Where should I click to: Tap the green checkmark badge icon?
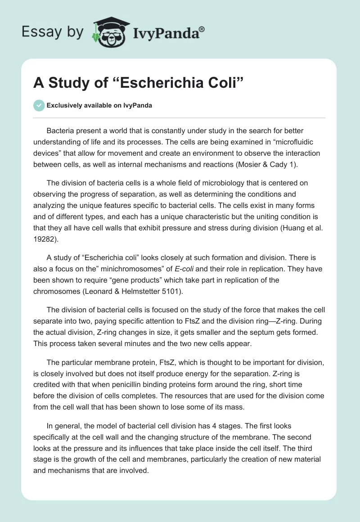pyautogui.click(x=39, y=105)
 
